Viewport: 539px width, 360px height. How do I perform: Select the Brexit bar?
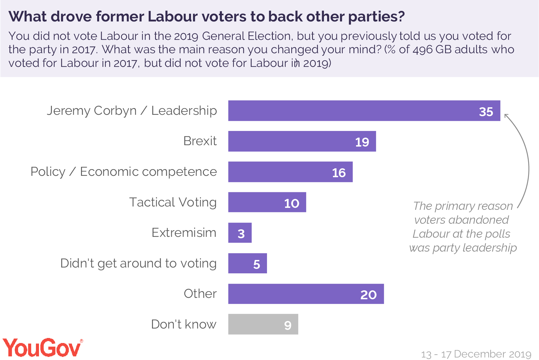pyautogui.click(x=292, y=141)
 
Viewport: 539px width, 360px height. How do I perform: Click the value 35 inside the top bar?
pyautogui.click(x=486, y=112)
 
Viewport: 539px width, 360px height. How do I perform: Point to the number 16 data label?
pyautogui.click(x=339, y=173)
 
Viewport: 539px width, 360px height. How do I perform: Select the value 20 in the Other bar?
pyautogui.click(x=368, y=295)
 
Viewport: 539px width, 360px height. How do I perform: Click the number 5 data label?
pyautogui.click(x=256, y=264)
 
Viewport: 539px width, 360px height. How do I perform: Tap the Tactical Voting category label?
pyautogui.click(x=173, y=202)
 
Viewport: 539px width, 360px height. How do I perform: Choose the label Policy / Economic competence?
pyautogui.click(x=124, y=172)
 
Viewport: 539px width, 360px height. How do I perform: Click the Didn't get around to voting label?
pyautogui.click(x=138, y=263)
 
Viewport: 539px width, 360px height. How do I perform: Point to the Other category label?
pyautogui.click(x=200, y=294)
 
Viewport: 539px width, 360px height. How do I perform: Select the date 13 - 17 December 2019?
pyautogui.click(x=476, y=354)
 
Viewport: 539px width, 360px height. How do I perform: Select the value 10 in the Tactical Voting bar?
pyautogui.click(x=291, y=203)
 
